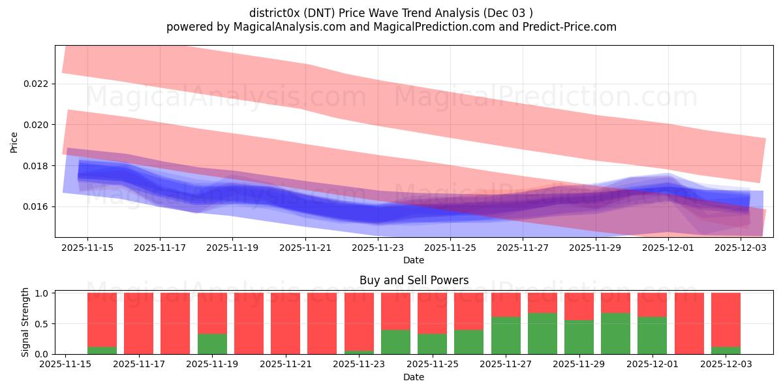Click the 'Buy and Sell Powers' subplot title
414,280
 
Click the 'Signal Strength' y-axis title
25,322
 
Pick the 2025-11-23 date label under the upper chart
378,248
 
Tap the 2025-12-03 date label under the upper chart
741,248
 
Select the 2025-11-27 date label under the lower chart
506,365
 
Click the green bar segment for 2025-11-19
212,344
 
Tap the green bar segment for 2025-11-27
506,335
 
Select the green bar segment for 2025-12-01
652,335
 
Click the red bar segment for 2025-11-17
138,323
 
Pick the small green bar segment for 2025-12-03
726,350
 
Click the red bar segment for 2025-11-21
285,323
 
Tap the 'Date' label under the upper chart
414,260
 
